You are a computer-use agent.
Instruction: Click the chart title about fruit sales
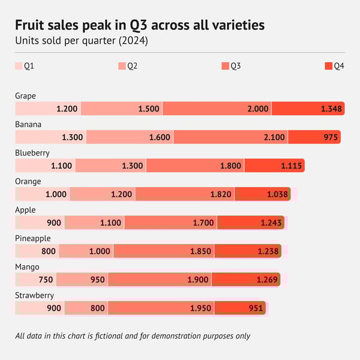click(x=140, y=25)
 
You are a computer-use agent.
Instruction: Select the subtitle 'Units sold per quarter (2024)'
click(x=82, y=41)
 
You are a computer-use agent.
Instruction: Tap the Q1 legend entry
click(x=25, y=66)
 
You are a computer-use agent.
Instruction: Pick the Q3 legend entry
click(x=231, y=66)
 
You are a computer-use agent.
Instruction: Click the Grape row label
click(x=26, y=96)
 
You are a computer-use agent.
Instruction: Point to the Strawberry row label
click(x=35, y=295)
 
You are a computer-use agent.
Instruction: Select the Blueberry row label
click(x=32, y=153)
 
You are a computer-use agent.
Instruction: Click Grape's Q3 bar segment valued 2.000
click(x=217, y=109)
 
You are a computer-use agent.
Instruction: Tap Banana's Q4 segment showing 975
click(x=314, y=137)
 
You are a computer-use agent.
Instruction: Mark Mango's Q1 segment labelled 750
click(x=37, y=280)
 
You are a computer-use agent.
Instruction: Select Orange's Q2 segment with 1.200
click(x=103, y=194)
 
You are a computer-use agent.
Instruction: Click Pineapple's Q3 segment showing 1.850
click(x=164, y=251)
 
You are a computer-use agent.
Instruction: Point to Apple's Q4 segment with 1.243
click(x=250, y=223)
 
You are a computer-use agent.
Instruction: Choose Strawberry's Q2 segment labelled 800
click(x=86, y=308)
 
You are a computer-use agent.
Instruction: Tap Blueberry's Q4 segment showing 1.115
click(x=274, y=166)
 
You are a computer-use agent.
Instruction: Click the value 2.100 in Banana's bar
click(x=274, y=137)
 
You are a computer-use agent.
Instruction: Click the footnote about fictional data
click(x=133, y=336)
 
